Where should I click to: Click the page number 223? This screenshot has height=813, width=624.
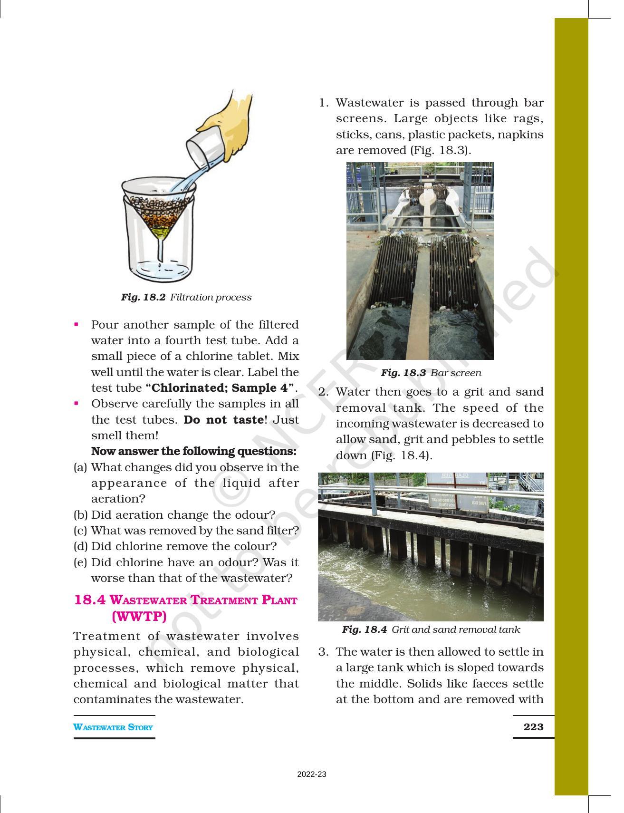(533, 726)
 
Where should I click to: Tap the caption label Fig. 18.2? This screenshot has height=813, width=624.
(143, 297)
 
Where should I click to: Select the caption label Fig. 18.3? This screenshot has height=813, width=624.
(403, 373)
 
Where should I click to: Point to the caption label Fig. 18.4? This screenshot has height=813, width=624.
(364, 629)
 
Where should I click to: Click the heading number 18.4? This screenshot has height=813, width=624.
(90, 600)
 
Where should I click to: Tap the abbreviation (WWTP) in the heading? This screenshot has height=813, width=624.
(139, 616)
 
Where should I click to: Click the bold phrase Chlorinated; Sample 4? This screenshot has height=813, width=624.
(220, 388)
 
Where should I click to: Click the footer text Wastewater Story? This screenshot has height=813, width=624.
(113, 727)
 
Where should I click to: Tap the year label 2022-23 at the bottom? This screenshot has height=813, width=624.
(312, 774)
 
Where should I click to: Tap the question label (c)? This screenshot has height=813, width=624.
(81, 530)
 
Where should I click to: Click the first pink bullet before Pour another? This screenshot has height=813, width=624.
(76, 325)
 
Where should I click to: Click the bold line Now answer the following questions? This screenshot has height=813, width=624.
(193, 451)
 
